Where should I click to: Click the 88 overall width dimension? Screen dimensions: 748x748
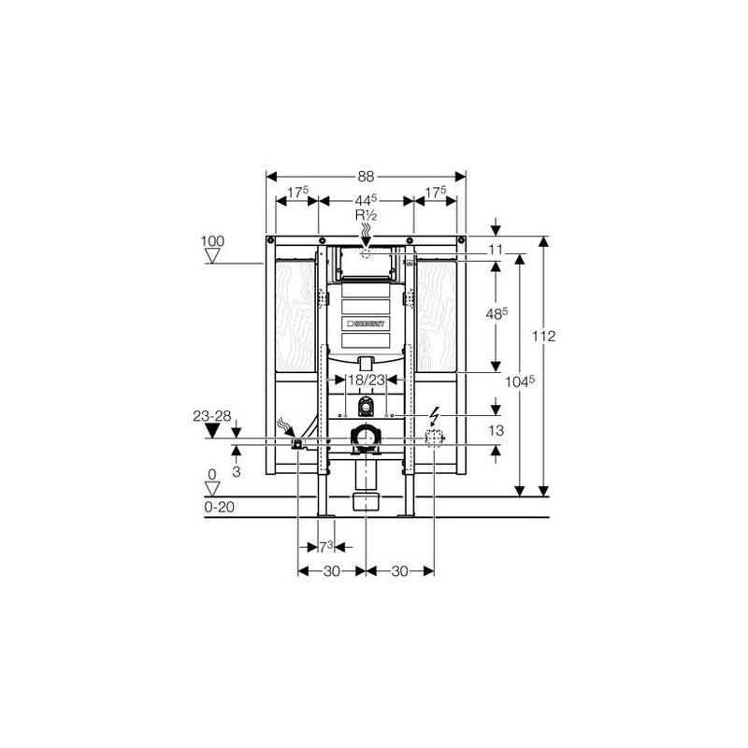(366, 175)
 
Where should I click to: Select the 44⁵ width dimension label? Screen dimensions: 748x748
(366, 199)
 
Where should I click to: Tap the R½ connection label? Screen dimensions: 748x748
(366, 214)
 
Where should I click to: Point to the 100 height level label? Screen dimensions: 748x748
(214, 241)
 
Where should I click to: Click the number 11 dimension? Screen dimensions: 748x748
(496, 250)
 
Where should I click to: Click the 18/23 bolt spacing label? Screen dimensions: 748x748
(366, 380)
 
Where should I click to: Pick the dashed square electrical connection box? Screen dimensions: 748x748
(434, 440)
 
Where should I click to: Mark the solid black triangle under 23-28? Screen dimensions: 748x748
(212, 430)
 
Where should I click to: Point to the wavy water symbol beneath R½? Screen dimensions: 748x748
(366, 230)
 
